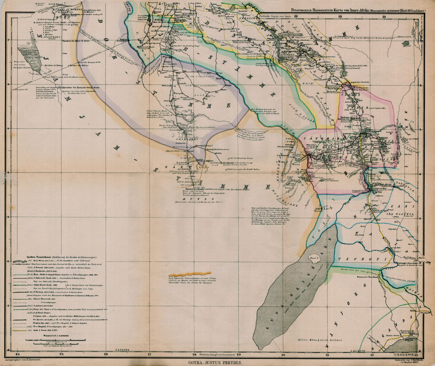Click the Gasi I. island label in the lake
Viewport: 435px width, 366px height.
tap(312, 258)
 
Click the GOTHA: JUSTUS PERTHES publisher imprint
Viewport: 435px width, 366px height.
tap(215, 362)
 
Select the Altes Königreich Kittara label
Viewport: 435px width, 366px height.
tap(320, 340)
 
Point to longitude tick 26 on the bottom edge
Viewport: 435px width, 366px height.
tap(106, 355)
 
